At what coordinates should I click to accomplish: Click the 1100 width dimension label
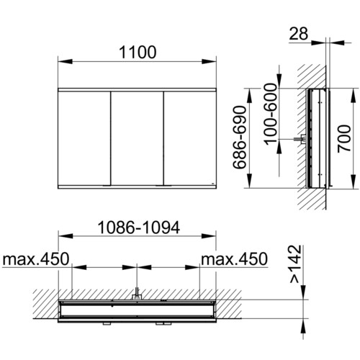138,52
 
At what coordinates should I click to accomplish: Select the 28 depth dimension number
298,33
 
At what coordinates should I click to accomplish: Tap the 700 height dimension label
344,138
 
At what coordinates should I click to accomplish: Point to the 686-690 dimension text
240,138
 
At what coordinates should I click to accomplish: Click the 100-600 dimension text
271,114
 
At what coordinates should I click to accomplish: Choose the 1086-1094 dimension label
139,228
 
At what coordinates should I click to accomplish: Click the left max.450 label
36,259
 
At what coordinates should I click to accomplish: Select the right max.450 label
234,259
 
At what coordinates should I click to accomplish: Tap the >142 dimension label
295,264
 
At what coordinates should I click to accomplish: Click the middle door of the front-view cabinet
137,138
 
